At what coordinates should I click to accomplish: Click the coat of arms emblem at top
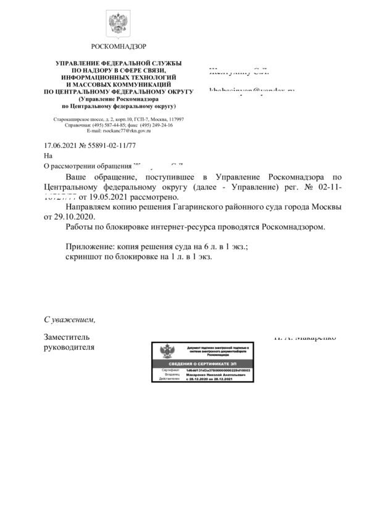117,24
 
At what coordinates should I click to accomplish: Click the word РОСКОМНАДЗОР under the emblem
119,47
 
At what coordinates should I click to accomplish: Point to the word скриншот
86,256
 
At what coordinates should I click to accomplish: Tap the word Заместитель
67,337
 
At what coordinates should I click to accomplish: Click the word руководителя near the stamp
69,347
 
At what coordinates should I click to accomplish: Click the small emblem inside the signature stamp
166,352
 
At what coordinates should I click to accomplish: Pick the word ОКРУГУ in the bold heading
174,91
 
